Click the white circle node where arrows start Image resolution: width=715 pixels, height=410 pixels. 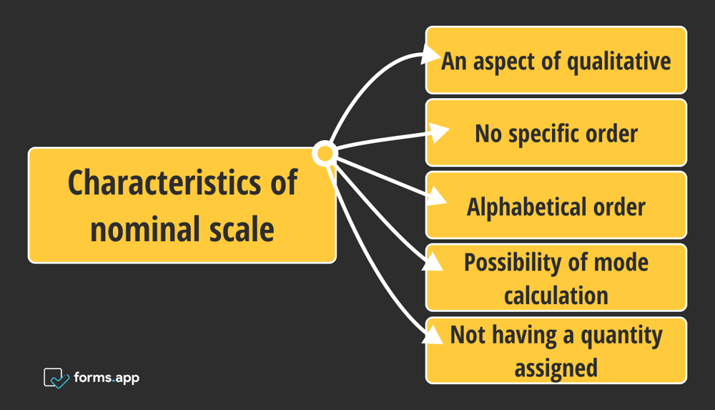point(325,153)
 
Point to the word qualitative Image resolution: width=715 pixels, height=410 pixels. point(619,62)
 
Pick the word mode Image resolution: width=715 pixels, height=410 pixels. point(621,263)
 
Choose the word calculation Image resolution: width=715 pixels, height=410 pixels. point(556,295)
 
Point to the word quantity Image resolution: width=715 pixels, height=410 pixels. point(623,336)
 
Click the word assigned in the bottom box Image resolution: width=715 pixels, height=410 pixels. point(556,368)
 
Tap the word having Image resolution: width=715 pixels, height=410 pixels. point(521,336)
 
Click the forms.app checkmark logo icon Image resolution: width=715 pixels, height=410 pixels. point(56,377)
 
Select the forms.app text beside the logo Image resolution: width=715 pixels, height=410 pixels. point(107,377)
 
